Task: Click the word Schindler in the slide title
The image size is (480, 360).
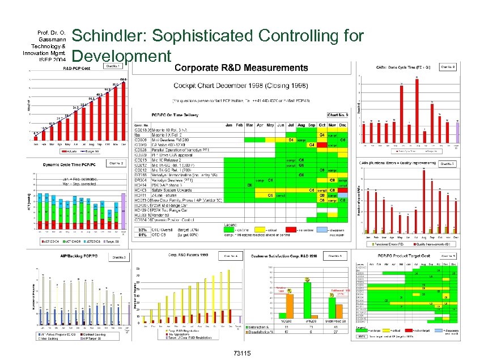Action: pos(108,36)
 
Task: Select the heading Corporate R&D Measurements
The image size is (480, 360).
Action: pos(241,68)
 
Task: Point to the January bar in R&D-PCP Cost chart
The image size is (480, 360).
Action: pos(36,137)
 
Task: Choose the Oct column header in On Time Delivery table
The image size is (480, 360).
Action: pos(321,123)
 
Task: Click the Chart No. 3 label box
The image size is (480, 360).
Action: pos(118,257)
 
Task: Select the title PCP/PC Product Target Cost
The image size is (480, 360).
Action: pos(405,257)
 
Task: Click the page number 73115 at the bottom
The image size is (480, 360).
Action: pos(242,353)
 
